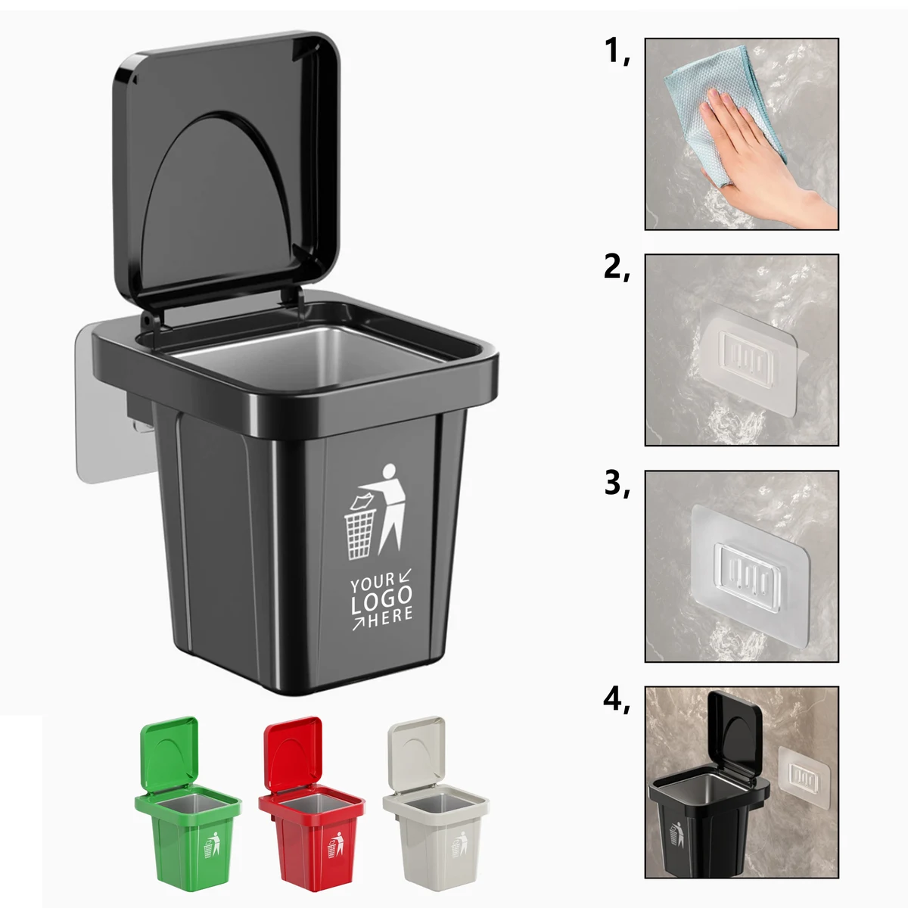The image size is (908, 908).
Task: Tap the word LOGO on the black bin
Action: point(381,601)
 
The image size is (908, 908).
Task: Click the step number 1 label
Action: point(616,52)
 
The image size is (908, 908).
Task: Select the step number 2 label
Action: point(616,268)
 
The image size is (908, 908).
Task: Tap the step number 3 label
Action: point(616,484)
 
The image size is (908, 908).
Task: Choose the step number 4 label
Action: point(616,700)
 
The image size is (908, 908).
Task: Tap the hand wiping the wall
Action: point(763,160)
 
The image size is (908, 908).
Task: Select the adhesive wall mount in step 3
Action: point(750,575)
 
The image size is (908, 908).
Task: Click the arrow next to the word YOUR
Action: point(405,575)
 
